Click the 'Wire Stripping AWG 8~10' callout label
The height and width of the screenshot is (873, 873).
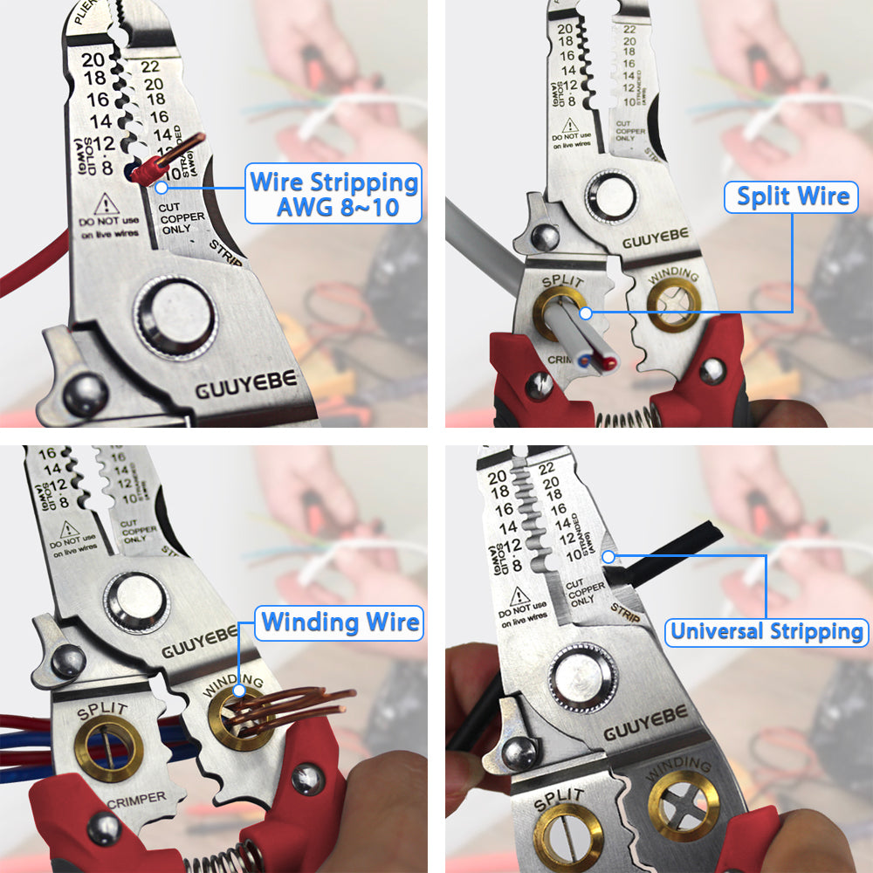(x=333, y=195)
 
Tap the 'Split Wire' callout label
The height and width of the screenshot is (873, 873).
(x=793, y=196)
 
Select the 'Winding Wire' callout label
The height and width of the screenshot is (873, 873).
(x=340, y=622)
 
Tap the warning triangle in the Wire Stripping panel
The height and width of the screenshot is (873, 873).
(x=107, y=204)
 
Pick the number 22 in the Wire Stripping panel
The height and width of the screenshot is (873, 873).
(x=150, y=66)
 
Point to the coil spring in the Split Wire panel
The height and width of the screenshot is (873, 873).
(x=628, y=418)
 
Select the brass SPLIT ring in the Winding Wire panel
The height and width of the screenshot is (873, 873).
(x=109, y=751)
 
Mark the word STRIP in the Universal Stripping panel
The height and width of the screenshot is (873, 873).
(x=625, y=612)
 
